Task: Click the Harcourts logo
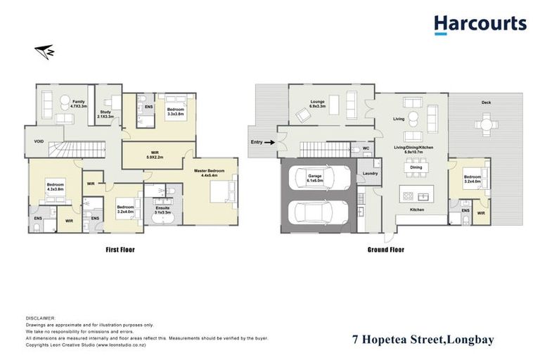pyautogui.click(x=480, y=25)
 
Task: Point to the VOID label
pyautogui.click(x=39, y=141)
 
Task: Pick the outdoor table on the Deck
pyautogui.click(x=485, y=124)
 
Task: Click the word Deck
pyautogui.click(x=486, y=103)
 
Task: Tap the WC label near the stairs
pyautogui.click(x=366, y=149)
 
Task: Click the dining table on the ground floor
pyautogui.click(x=416, y=167)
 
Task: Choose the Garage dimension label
pyautogui.click(x=314, y=179)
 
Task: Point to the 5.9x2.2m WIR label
pyautogui.click(x=154, y=154)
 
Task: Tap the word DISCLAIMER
pyautogui.click(x=39, y=318)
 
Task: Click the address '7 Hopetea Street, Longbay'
pyautogui.click(x=423, y=340)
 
